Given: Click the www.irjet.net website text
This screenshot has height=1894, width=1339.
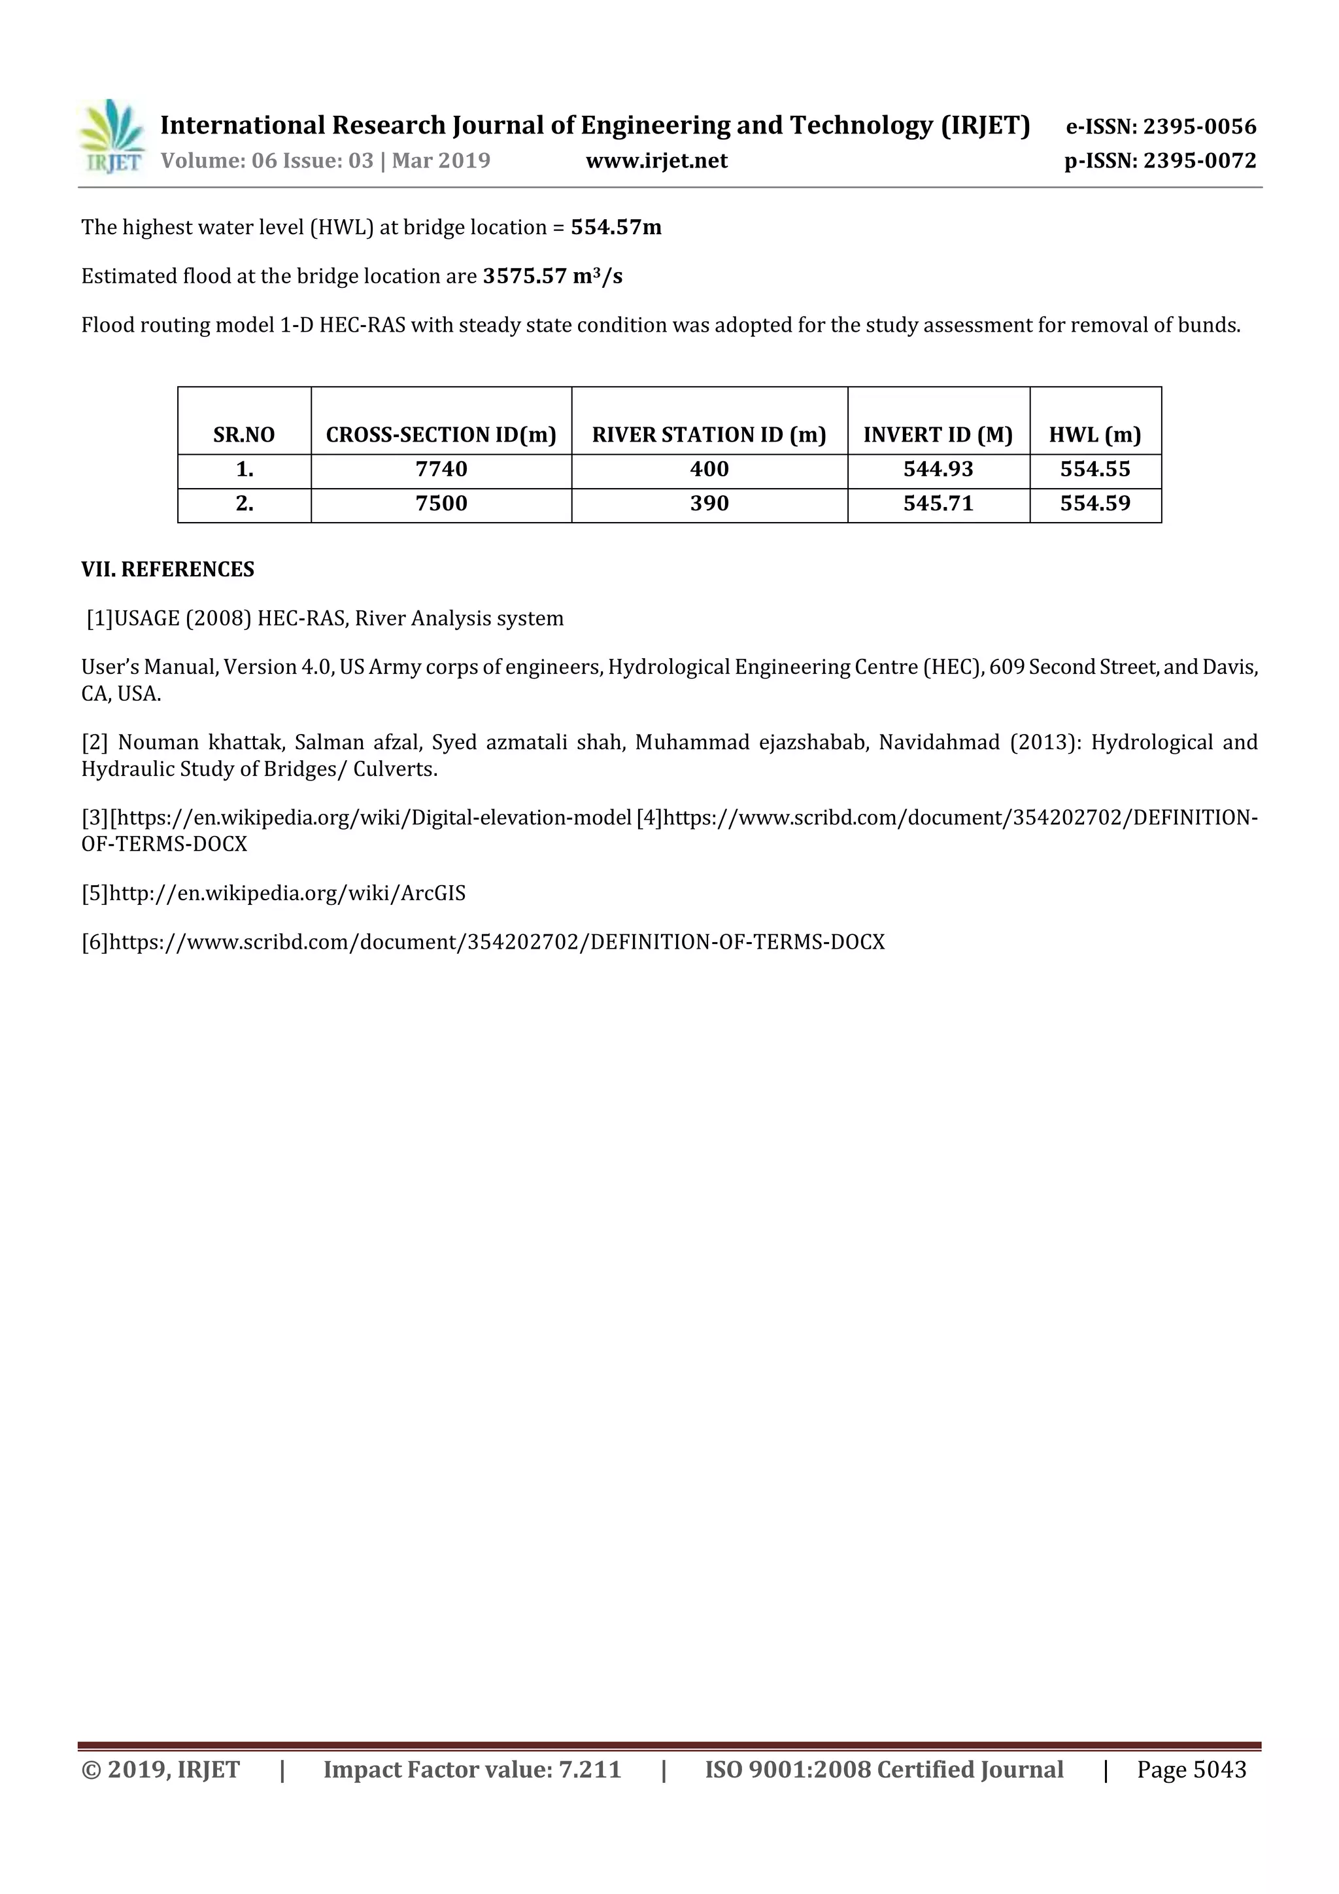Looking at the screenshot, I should (x=656, y=161).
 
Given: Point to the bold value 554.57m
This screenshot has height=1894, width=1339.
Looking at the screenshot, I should (x=616, y=228).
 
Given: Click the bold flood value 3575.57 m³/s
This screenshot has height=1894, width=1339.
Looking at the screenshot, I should (x=552, y=276).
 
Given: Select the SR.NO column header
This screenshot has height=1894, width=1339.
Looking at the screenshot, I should (x=244, y=434).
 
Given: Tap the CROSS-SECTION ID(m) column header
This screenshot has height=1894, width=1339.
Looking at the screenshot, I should (x=441, y=434).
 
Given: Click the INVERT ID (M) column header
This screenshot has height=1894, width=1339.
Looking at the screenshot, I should (x=938, y=434).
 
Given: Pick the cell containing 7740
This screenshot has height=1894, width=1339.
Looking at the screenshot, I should (x=441, y=469).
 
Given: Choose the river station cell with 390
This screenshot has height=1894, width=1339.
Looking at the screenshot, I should (x=709, y=503).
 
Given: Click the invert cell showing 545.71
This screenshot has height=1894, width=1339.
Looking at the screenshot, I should (x=938, y=503).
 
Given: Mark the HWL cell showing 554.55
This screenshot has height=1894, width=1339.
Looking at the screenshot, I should (x=1095, y=469).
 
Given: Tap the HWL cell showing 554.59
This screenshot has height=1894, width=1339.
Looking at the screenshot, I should (x=1095, y=503).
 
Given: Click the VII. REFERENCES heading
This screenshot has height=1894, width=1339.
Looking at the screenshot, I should (x=167, y=570).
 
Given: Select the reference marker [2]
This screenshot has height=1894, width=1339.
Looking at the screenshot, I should (x=95, y=743).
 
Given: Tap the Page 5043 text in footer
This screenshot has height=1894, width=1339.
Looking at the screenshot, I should (x=1191, y=1770).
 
